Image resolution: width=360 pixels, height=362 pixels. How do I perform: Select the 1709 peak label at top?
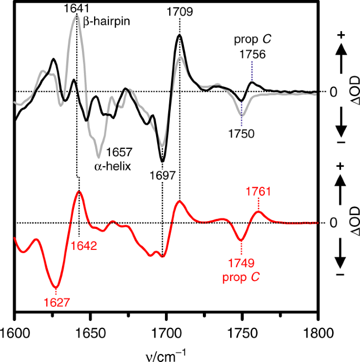pos(180,10)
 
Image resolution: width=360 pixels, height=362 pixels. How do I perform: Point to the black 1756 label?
pos(252,54)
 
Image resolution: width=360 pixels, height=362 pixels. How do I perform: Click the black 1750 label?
pos(242,134)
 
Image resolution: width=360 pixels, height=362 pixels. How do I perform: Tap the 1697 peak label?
pos(162,175)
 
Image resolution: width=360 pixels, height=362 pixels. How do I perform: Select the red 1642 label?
pos(79,245)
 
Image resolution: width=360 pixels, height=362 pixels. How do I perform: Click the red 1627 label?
pos(55,302)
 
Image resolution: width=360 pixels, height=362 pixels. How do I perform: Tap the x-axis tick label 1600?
pos(14,333)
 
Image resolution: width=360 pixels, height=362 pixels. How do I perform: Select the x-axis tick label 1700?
pos(166,333)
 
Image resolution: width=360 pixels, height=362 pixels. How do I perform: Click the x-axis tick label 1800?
pos(317,333)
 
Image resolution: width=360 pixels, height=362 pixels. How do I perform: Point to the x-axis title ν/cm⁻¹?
pos(166,353)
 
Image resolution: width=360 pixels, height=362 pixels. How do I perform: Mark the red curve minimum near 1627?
pos(55,287)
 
